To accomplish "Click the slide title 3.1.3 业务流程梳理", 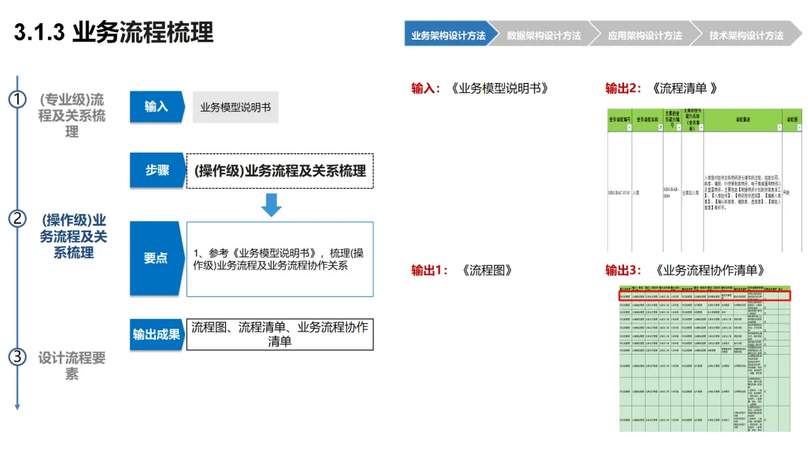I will [114, 33].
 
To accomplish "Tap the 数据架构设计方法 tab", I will [544, 35].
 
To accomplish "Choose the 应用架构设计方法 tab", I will [645, 35].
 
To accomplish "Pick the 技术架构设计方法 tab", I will [746, 35].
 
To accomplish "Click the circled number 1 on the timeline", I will [17, 100].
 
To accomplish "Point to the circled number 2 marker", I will [17, 219].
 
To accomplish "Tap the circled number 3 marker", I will [17, 357].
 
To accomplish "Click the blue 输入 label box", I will [156, 107].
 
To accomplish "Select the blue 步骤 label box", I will [156, 171].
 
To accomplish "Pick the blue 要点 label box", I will [156, 258].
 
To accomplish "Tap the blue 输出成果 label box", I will [156, 335].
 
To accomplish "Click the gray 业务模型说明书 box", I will [235, 108].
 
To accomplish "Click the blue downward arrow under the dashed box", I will [271, 204].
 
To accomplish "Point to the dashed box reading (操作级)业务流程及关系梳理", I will [280, 171].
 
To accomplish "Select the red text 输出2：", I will [623, 88].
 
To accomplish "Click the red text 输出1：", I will [429, 271].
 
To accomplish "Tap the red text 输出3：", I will [623, 271].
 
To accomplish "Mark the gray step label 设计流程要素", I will [72, 365].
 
